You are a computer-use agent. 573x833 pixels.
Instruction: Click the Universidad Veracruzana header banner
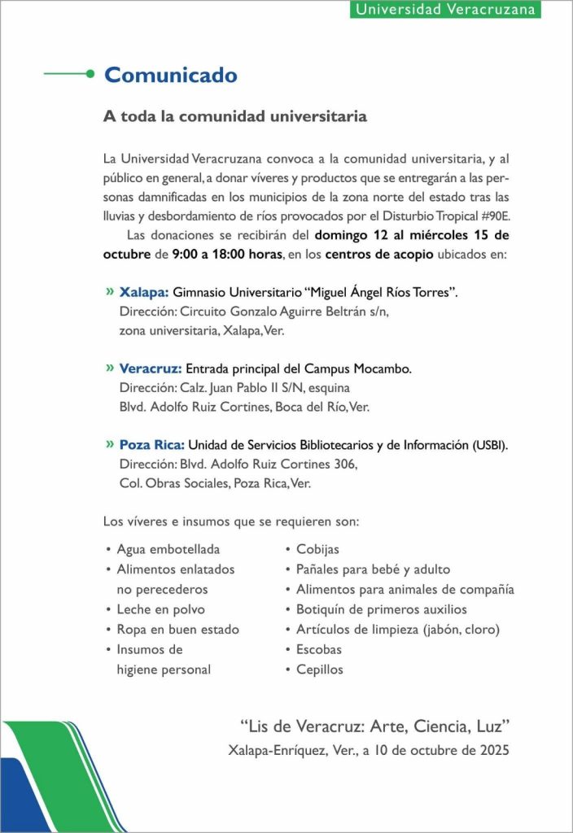coord(447,10)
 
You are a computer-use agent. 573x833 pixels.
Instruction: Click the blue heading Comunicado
coord(171,76)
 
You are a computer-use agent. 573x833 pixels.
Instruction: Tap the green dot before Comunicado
coord(90,74)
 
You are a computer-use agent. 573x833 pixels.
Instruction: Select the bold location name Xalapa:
coord(144,291)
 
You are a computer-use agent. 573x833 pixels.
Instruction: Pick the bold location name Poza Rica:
coord(152,445)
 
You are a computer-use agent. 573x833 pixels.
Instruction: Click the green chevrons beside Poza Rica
coord(110,445)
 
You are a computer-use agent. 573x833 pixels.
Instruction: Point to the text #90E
coord(496,216)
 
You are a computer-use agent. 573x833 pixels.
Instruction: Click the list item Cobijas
coord(317,550)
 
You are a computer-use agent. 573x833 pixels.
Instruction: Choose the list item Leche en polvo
coord(160,609)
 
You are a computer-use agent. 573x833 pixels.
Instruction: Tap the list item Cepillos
coord(320,669)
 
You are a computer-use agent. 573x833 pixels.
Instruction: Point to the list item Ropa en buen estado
coord(177,630)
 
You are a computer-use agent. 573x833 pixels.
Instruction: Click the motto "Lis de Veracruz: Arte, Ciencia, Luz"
coord(375,725)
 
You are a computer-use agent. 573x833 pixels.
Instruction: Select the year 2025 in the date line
coord(493,751)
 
